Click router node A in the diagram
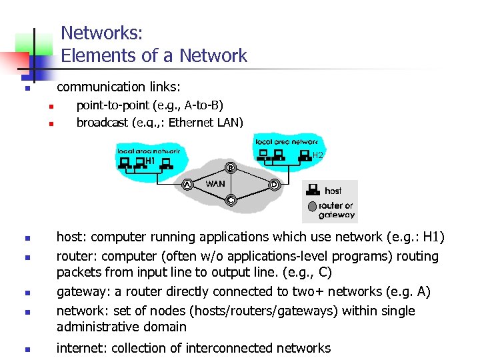click(187, 184)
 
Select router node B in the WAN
click(230, 167)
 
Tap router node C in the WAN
click(231, 199)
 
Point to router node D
click(274, 185)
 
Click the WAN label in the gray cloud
click(215, 183)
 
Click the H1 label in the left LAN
click(150, 161)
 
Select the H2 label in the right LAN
click(318, 155)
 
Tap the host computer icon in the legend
click(313, 191)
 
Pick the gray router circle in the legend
click(312, 207)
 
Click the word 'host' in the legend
click(333, 191)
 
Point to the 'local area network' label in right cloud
click(287, 141)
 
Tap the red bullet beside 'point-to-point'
click(49, 107)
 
